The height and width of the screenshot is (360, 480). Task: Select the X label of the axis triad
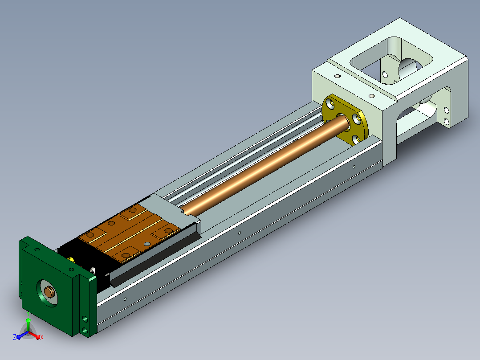(x=42, y=337)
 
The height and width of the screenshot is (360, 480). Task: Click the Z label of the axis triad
(x=15, y=337)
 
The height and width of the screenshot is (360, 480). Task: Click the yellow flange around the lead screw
(x=344, y=120)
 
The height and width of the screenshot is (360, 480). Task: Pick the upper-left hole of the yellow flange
(x=330, y=103)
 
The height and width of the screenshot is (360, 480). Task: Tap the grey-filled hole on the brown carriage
(x=147, y=244)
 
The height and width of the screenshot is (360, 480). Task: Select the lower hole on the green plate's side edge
(x=85, y=331)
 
